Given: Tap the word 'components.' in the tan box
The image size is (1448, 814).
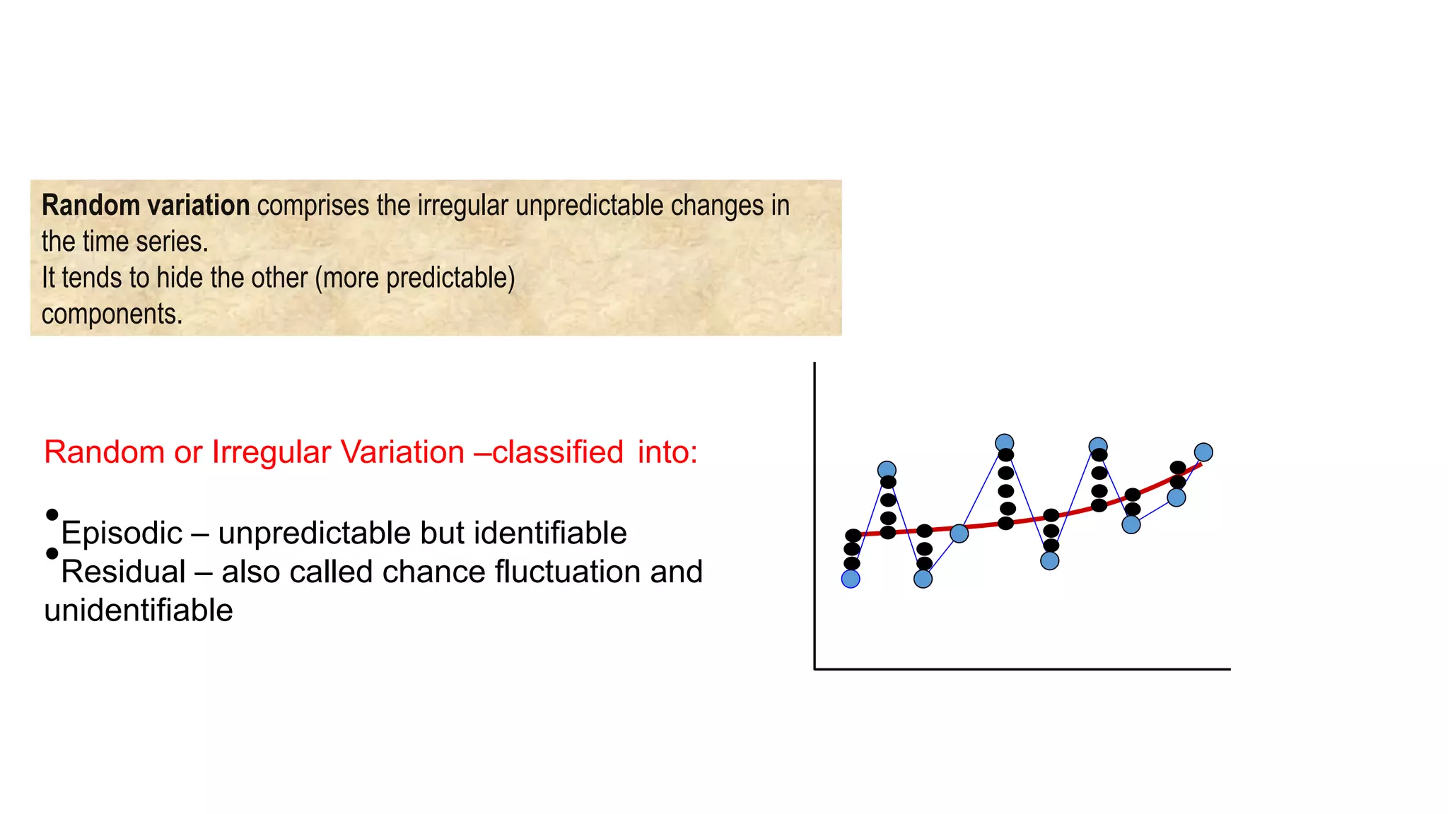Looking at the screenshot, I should coord(112,314).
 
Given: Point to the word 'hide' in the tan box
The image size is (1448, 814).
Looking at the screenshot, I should coord(180,278).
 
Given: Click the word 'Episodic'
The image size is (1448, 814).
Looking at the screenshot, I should coord(122,533).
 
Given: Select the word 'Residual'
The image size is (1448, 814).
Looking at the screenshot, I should coord(123,572).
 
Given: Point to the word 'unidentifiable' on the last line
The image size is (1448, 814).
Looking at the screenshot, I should coord(138,610).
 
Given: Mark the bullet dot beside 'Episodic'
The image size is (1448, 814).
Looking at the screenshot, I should coord(52,515).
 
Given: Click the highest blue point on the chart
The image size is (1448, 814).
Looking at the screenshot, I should coord(1004,443).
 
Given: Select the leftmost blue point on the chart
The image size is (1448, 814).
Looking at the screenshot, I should coord(851,579).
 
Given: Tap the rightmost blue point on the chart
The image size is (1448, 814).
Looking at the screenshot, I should coord(1203,452).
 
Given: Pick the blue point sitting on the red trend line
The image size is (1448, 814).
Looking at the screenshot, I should coord(959,533).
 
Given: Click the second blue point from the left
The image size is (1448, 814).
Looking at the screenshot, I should coord(887,470).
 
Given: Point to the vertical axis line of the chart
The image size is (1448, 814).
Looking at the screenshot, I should coord(814,516).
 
